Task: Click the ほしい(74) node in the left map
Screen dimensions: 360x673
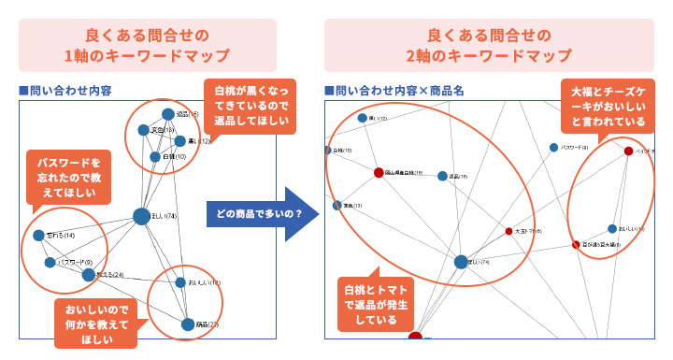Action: (142, 217)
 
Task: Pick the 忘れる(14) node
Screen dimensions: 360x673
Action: (39, 236)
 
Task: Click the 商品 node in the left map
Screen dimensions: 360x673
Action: (188, 324)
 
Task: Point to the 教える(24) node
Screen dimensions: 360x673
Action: (89, 275)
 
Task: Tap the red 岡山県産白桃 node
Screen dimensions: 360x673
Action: (379, 173)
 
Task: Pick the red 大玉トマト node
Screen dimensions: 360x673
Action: (509, 230)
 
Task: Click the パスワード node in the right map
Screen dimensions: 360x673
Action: (554, 148)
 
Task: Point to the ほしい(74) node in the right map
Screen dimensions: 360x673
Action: (461, 263)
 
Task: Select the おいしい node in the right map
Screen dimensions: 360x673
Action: (612, 228)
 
